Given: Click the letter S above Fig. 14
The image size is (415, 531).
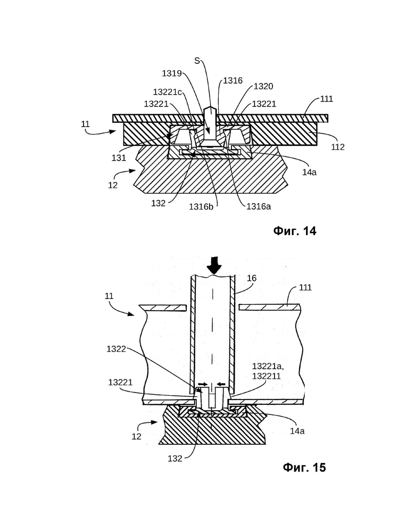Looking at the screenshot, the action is point(197,61).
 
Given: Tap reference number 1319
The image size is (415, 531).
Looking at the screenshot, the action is point(172,73).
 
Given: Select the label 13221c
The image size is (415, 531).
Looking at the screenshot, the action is point(168,92).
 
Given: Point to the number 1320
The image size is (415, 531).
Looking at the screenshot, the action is point(263,86).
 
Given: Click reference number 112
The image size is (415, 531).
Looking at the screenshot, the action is point(337,147).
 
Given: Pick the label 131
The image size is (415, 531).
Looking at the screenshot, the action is point(119,158).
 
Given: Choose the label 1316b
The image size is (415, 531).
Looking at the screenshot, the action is point(201,206).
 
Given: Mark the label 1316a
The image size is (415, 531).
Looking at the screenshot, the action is point(259,206).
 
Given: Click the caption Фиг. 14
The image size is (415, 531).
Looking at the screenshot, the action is point(295,231).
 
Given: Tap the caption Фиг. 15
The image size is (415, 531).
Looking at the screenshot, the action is point(304,467).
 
